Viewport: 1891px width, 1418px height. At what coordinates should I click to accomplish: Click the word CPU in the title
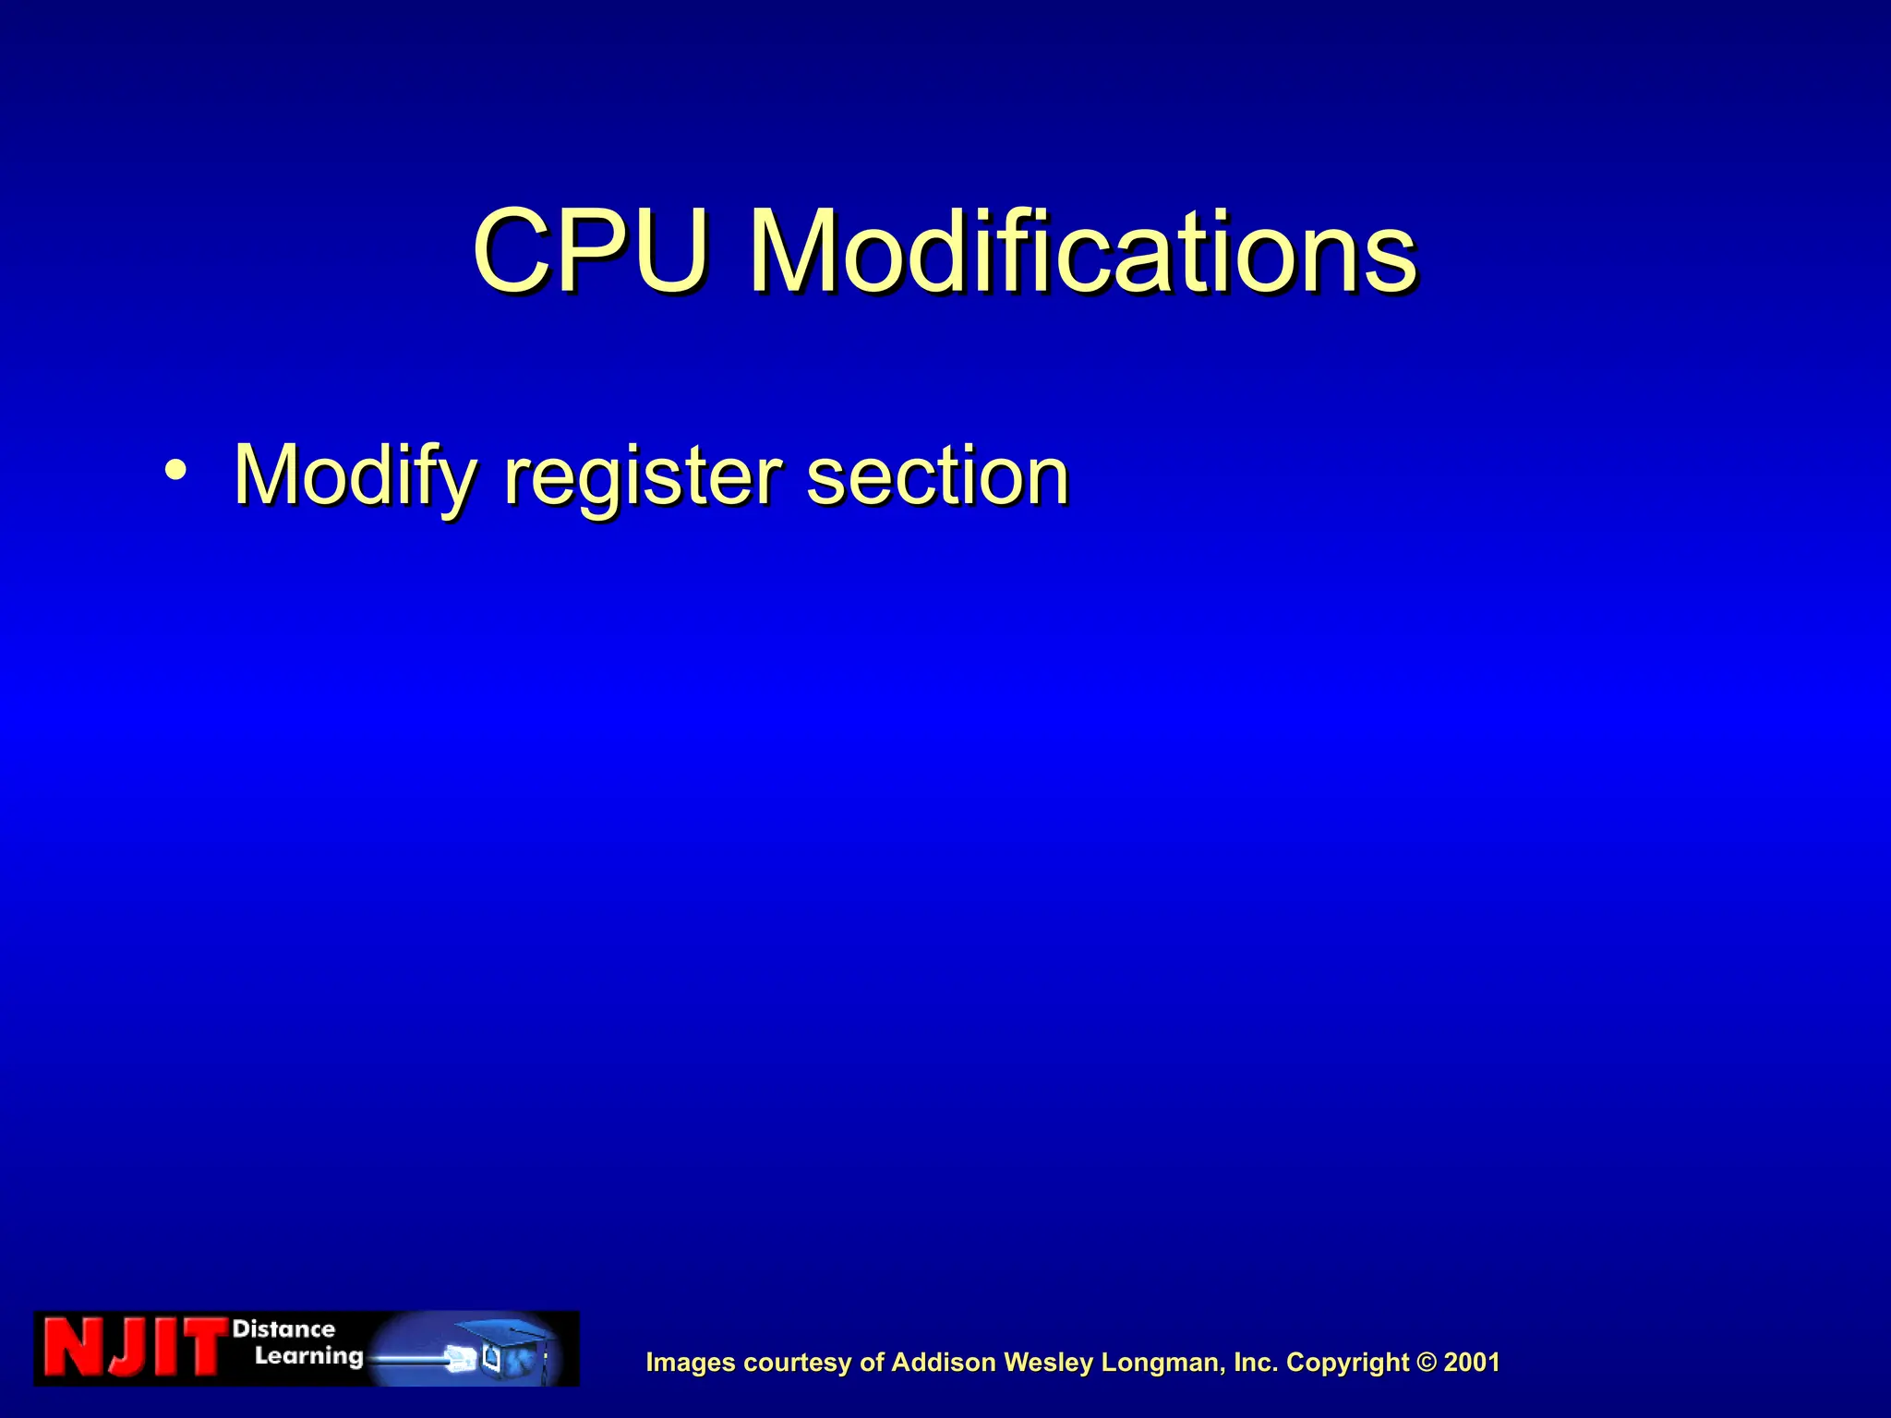tap(591, 251)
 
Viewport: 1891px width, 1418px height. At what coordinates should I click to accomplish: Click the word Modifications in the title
tap(1082, 251)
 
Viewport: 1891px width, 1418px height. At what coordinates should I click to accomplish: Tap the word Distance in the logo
tap(283, 1329)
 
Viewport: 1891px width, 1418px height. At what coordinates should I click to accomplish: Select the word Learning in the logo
tap(308, 1356)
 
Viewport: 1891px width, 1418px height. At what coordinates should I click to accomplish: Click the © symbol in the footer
tap(1427, 1363)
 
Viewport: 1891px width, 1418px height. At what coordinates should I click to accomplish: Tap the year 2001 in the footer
tap(1472, 1363)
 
